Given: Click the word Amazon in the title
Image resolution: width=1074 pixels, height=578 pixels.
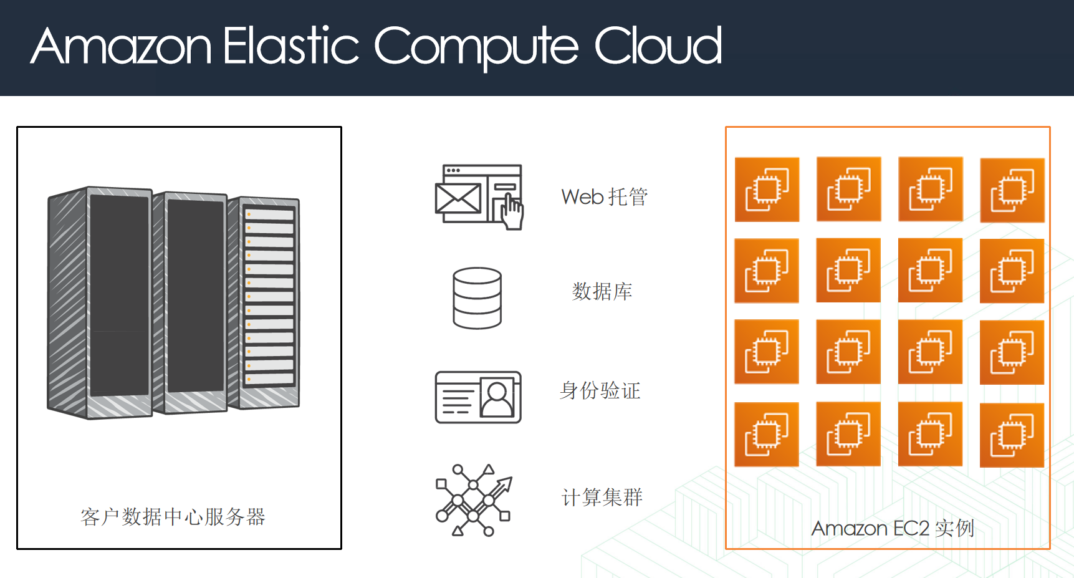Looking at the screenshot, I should pyautogui.click(x=122, y=46).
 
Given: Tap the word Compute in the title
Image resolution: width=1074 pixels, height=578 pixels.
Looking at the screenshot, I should pyautogui.click(x=476, y=46).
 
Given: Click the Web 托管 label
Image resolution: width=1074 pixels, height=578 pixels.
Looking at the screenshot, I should pyautogui.click(x=604, y=197).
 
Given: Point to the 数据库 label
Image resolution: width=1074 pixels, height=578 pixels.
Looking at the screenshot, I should pyautogui.click(x=602, y=291).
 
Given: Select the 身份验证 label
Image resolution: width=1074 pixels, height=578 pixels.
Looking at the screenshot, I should pyautogui.click(x=600, y=391).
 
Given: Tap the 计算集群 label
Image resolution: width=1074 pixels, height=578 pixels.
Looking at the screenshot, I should pyautogui.click(x=602, y=498).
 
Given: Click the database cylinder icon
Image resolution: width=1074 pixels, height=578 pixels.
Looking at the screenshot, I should pyautogui.click(x=477, y=298).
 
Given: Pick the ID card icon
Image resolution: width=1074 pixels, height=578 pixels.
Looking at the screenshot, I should pyautogui.click(x=478, y=397).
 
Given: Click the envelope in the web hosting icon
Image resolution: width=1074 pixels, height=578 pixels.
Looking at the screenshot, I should pyautogui.click(x=458, y=199).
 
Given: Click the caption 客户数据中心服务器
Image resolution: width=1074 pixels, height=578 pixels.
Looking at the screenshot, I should pyautogui.click(x=173, y=517).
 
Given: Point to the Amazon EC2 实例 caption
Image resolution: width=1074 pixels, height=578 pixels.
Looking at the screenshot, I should pyautogui.click(x=893, y=529).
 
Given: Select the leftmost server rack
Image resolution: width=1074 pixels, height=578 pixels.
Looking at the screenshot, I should pyautogui.click(x=100, y=302).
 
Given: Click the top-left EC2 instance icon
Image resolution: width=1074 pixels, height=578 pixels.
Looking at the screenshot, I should pyautogui.click(x=767, y=190).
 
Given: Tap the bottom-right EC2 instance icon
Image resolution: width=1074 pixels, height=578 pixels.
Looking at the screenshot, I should pyautogui.click(x=1012, y=435).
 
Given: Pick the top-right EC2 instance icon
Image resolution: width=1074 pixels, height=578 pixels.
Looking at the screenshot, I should pyautogui.click(x=1012, y=190).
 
